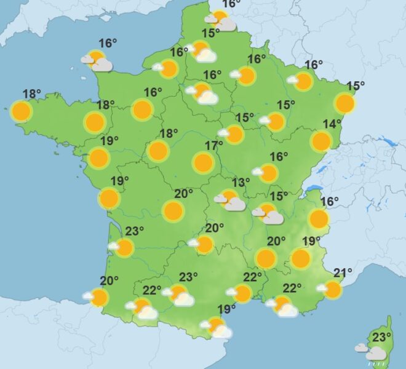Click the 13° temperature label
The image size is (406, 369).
pos(241,182)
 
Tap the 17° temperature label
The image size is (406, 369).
pos(214,146)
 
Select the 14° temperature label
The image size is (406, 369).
pos(332,124)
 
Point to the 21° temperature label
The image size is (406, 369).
pos(343,272)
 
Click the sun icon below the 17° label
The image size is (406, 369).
pos(203,162)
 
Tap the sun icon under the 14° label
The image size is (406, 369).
pos(321,141)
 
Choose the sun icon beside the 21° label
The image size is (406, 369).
pos(332,289)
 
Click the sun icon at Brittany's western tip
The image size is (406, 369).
pos(22,111)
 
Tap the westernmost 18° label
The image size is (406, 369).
pos(32,94)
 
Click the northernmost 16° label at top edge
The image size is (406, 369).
pos(231,4)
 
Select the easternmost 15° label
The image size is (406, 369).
pos(356,86)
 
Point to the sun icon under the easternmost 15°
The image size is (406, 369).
pos(345,103)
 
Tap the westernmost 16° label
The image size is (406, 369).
pos(108,43)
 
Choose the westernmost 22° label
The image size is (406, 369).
pos(152,290)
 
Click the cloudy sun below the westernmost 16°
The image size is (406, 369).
pos(98,61)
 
